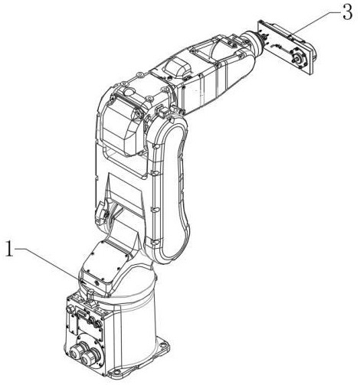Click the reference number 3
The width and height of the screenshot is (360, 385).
pyautogui.click(x=348, y=12)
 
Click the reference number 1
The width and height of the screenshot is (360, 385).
pyautogui.click(x=10, y=249)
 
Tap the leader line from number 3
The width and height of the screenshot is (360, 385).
pyautogui.click(x=316, y=24)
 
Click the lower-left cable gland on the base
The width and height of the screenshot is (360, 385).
pyautogui.click(x=75, y=352)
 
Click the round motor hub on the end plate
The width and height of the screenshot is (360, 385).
pyautogui.click(x=298, y=57)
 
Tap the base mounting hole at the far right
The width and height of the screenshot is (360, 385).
pyautogui.click(x=163, y=345)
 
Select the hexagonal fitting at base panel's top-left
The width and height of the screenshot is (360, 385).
pyautogui.click(x=69, y=309)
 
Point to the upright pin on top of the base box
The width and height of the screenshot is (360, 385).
pyautogui.click(x=89, y=296)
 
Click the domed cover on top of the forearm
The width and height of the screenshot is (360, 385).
pyautogui.click(x=177, y=67)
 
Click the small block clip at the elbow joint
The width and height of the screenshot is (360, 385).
pyautogui.click(x=162, y=112)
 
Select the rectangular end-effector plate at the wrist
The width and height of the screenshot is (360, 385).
pyautogui.click(x=286, y=48)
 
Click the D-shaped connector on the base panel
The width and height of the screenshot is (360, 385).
pyautogui.click(x=82, y=315)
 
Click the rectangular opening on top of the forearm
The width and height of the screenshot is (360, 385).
pyautogui.click(x=200, y=53)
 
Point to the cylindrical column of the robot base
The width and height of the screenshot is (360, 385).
pyautogui.click(x=133, y=316)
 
